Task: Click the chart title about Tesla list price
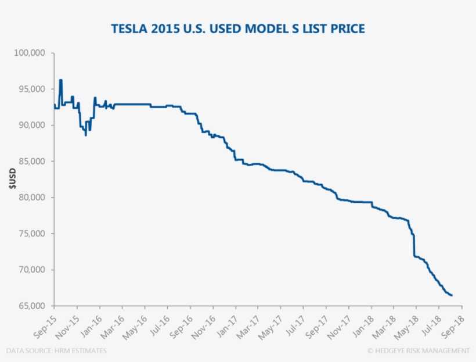pos(238,28)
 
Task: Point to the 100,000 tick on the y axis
pos(33,53)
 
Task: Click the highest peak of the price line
pos(60,80)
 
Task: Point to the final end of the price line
pos(452,295)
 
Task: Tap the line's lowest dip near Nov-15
pos(86,135)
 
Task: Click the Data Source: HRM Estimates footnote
pos(57,350)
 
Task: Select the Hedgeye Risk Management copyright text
pos(418,350)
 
